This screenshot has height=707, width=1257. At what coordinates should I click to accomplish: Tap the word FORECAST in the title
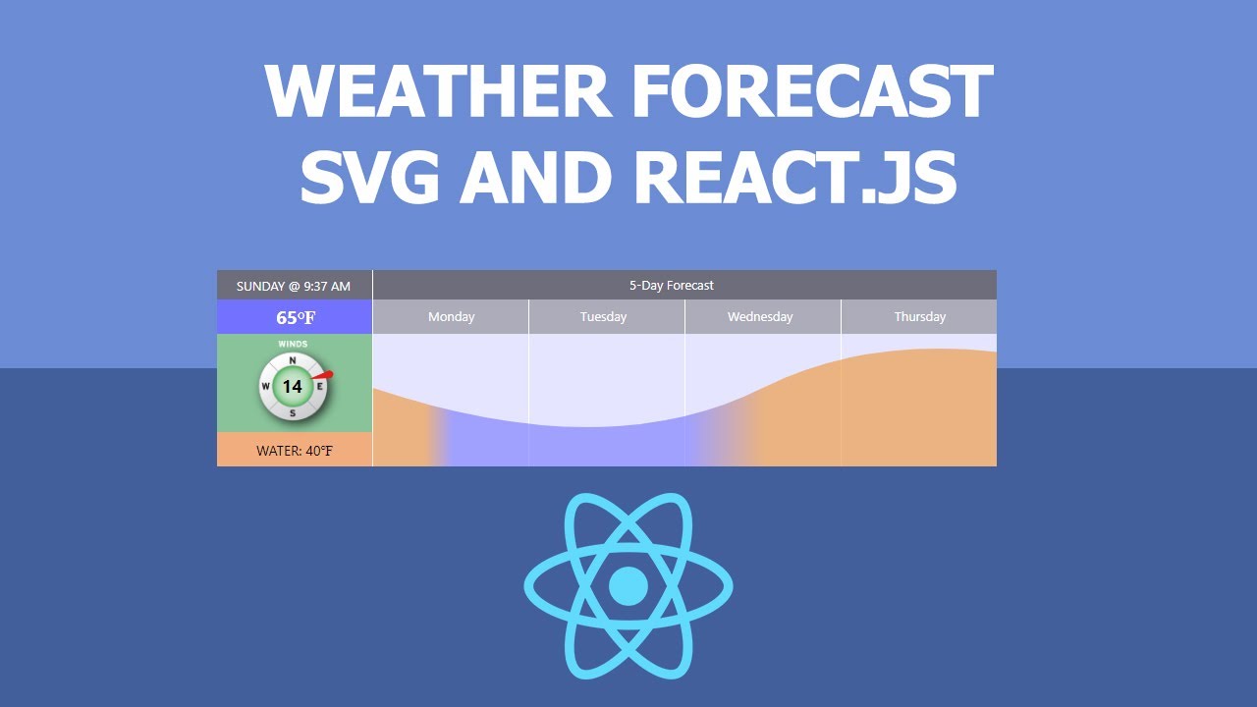(811, 93)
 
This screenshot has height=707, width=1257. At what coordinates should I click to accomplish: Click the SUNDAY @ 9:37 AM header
(294, 286)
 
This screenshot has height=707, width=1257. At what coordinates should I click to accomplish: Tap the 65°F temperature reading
(295, 317)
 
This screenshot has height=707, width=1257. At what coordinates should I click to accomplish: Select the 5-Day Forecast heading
(672, 285)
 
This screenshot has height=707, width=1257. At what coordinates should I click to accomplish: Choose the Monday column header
(451, 316)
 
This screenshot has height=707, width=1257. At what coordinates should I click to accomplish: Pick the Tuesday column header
(603, 316)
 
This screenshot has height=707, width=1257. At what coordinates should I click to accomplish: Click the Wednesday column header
(760, 316)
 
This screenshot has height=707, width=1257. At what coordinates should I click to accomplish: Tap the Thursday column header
(919, 316)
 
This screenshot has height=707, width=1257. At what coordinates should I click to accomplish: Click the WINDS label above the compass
(293, 344)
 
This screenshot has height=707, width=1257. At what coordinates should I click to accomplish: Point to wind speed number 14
(293, 387)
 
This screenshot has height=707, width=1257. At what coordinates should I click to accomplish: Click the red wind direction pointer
(325, 375)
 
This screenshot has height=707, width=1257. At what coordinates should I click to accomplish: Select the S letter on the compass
(293, 412)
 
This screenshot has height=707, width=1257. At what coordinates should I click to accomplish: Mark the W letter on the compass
(266, 387)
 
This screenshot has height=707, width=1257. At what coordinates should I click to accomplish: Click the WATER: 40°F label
(295, 451)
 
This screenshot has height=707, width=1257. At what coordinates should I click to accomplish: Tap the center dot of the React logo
(628, 586)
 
